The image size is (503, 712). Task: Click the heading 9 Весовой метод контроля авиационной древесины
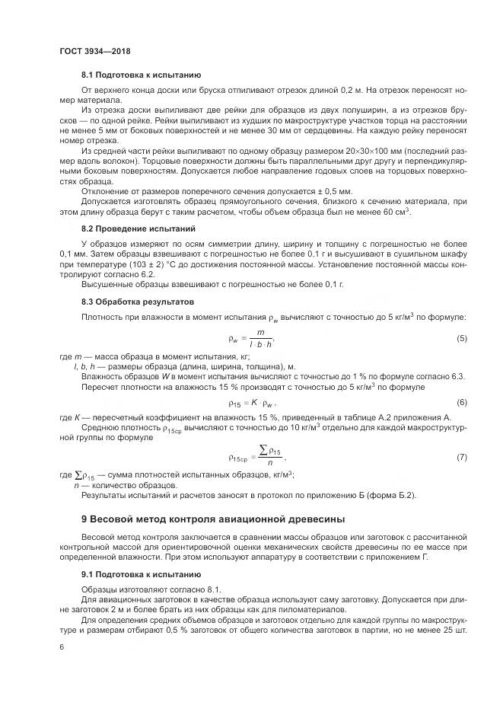pos(202,519)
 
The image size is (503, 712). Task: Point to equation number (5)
pos(461,317)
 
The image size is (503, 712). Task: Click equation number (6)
pos(461,402)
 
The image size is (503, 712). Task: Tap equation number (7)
pos(461,457)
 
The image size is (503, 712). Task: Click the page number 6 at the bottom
pos(61,647)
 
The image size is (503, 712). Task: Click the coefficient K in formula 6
pos(256,402)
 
